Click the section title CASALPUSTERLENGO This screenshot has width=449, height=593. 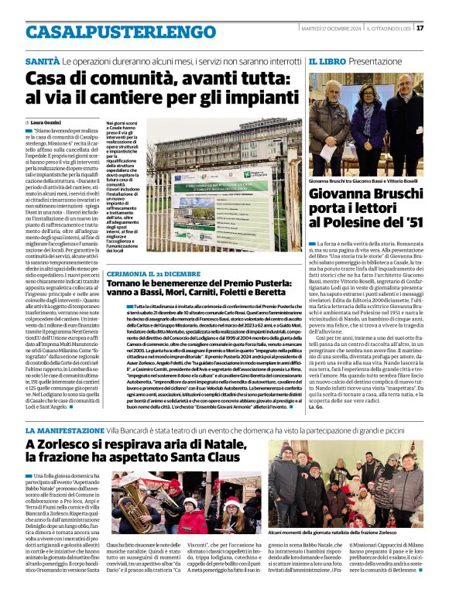(110, 32)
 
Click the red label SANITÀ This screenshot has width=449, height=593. (43, 60)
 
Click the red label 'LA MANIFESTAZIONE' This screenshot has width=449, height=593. (61, 429)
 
